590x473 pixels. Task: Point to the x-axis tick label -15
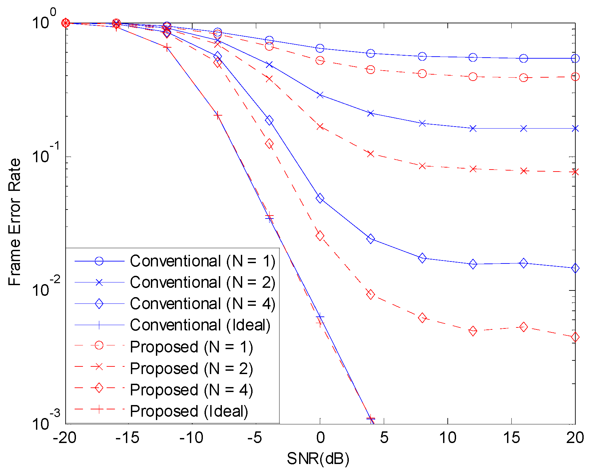128,438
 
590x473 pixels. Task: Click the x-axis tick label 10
447,438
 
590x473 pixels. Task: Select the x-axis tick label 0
320,438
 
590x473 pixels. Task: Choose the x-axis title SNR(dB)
318,459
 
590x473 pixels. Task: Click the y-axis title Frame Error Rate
14,222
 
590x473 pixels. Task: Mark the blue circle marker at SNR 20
575,59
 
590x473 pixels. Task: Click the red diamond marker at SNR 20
575,337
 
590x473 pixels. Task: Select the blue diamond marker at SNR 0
320,199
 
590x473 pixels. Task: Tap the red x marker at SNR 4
370,154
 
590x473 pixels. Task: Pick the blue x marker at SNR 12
473,129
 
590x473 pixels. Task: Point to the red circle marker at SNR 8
422,74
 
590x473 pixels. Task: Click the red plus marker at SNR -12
167,48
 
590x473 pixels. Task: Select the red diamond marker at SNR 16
524,327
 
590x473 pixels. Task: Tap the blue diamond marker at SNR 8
422,258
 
